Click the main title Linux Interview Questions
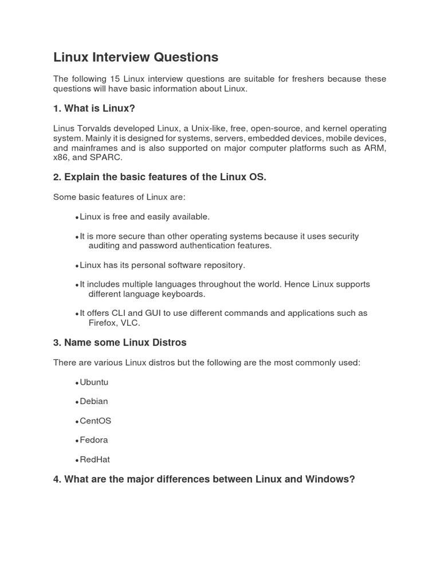[136, 57]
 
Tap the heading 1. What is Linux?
[94, 108]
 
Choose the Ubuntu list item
[94, 382]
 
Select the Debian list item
[94, 401]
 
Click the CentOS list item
[96, 421]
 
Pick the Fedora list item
[94, 440]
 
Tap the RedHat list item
[95, 460]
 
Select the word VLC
[131, 323]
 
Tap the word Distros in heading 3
[166, 343]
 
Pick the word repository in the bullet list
[221, 265]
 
